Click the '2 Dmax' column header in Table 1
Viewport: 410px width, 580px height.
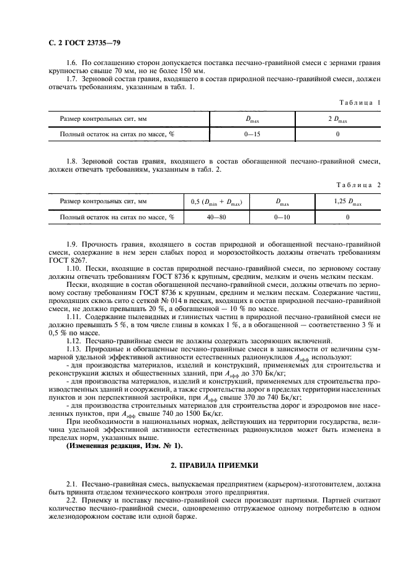point(337,118)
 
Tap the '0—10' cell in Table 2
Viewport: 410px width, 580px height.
point(282,217)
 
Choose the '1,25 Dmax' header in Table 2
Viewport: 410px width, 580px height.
point(347,201)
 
